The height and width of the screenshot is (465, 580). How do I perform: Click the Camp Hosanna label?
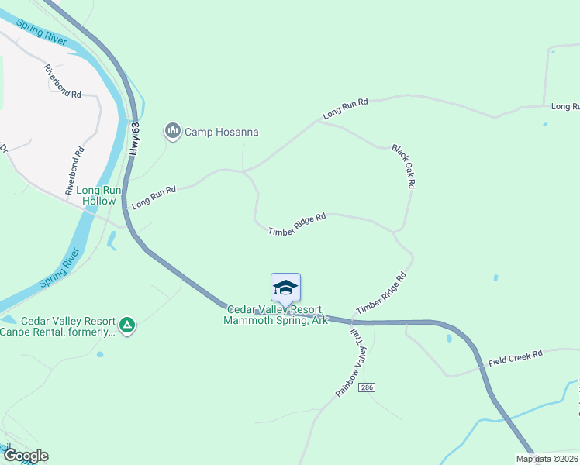pos(221,132)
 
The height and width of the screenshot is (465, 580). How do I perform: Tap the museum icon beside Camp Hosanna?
pos(172,131)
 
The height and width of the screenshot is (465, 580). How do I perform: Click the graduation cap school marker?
pos(285,288)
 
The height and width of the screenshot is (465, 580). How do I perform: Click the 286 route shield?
pos(368,387)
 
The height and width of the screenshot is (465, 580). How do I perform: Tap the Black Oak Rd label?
pos(404,166)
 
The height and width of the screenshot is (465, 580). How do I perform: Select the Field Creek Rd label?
pos(516,358)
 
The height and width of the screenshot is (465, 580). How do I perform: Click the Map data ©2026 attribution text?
pos(547,459)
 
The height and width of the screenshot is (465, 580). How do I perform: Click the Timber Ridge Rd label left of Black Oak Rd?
pos(296,225)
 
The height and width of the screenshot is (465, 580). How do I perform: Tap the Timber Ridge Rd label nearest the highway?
pos(381,293)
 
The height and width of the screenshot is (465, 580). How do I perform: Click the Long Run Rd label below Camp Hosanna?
pos(154,197)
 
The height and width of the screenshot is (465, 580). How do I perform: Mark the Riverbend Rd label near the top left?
pos(63,81)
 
